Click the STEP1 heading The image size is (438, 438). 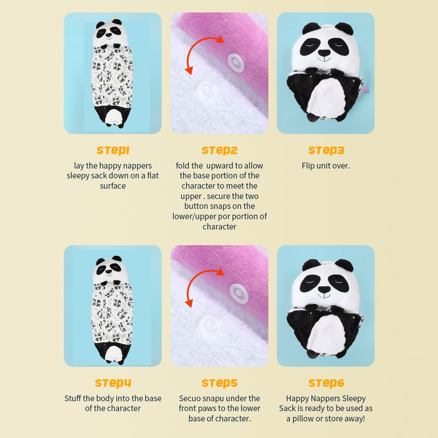(113, 150)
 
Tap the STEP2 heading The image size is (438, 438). (219, 150)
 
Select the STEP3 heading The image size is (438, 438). (326, 150)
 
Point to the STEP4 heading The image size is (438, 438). (113, 383)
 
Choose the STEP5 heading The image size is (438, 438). (219, 383)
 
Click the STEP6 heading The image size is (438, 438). (326, 383)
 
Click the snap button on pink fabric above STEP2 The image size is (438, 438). (236, 63)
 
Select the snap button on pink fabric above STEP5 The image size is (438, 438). (239, 293)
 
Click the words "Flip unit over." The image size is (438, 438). (326, 166)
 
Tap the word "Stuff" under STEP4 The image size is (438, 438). (73, 398)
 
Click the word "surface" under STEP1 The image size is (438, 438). (113, 186)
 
